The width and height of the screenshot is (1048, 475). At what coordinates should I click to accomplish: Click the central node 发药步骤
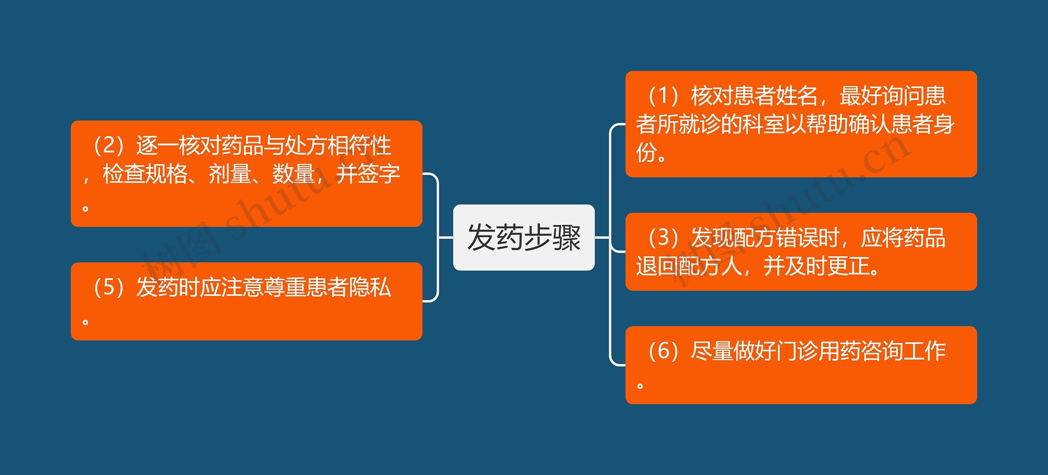tap(524, 237)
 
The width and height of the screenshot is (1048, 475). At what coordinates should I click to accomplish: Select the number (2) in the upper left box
tap(109, 145)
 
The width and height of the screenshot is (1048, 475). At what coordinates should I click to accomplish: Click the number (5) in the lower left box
tap(109, 287)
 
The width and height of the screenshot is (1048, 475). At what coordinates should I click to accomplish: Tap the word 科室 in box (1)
tap(764, 124)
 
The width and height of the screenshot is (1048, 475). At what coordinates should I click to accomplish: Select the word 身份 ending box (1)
tap(944, 124)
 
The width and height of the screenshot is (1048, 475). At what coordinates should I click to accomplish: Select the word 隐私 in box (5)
tap(370, 287)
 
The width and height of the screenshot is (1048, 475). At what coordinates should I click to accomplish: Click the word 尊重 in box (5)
tap(285, 287)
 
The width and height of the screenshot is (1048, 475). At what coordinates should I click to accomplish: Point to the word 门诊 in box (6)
tap(797, 351)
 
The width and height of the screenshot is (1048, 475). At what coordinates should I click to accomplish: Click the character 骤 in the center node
tap(567, 237)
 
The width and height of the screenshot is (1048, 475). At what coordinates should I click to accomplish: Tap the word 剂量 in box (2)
tap(230, 174)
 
